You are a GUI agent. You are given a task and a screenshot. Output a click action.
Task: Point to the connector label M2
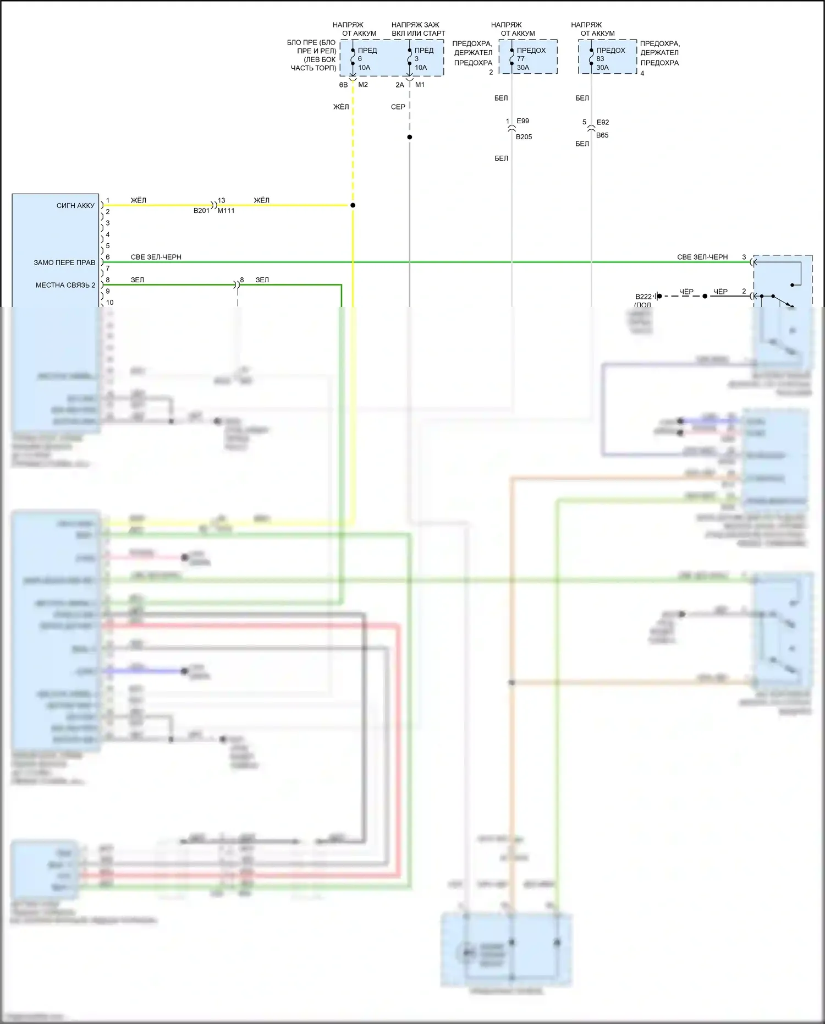click(363, 85)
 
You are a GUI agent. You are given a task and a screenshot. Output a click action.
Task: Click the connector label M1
click(420, 85)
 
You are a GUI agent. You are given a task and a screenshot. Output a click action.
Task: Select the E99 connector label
click(522, 121)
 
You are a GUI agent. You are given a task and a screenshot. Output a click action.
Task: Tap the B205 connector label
click(524, 137)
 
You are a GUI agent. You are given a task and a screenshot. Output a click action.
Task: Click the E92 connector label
click(602, 122)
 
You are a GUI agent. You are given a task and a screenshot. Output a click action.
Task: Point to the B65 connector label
click(602, 135)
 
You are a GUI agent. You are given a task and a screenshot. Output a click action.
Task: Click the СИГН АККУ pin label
click(75, 206)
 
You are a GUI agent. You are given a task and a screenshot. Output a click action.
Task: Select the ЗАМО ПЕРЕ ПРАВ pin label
click(64, 262)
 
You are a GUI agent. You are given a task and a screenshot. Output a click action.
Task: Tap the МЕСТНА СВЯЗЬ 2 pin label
click(65, 285)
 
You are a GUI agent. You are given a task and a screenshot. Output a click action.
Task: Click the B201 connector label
click(201, 211)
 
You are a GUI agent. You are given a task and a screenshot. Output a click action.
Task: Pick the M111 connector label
click(226, 211)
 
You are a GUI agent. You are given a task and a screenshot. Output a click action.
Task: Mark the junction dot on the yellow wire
click(353, 205)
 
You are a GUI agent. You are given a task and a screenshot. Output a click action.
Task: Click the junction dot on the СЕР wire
click(410, 137)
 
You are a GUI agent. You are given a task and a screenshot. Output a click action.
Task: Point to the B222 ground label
click(643, 297)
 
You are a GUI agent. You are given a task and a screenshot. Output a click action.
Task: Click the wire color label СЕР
click(398, 107)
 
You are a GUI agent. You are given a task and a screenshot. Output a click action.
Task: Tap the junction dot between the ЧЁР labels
click(705, 296)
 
